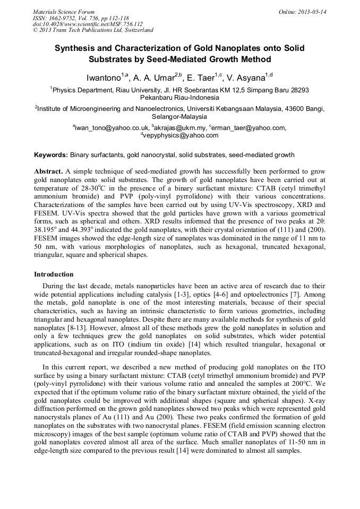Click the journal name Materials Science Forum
(64, 11)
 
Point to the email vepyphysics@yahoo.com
(181, 135)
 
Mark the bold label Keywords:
(50, 156)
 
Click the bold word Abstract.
(49, 172)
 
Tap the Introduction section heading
(54, 274)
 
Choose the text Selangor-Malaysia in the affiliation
(179, 116)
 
